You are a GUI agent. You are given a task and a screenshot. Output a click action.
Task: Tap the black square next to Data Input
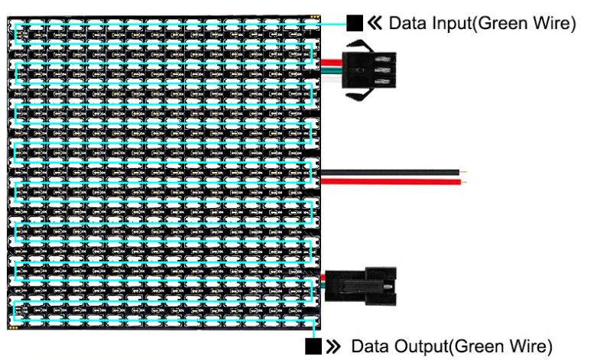tap(354, 23)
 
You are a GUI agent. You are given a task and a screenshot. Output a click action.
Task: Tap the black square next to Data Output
tap(313, 346)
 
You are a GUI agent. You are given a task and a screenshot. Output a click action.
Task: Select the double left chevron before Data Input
tap(374, 24)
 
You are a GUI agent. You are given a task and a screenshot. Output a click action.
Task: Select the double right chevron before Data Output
tap(333, 346)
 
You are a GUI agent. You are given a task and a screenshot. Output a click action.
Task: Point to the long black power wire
tap(390, 173)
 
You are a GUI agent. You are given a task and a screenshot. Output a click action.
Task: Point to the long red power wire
tap(390, 182)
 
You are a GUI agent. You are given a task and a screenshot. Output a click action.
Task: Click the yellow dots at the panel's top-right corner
tap(314, 17)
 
